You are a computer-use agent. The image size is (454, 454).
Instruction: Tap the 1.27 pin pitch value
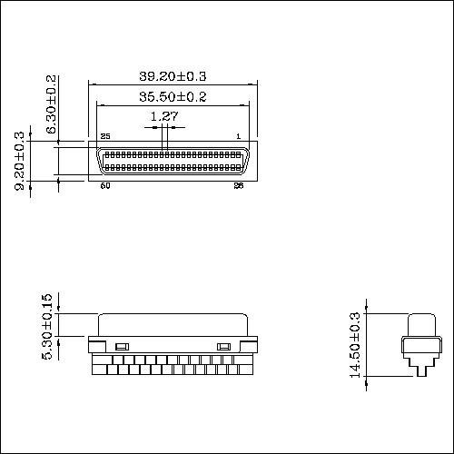[x=163, y=116]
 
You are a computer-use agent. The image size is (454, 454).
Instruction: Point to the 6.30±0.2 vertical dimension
[x=52, y=104]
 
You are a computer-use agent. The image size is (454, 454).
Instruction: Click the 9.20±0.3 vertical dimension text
[x=20, y=162]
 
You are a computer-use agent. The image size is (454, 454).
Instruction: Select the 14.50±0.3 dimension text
[x=356, y=345]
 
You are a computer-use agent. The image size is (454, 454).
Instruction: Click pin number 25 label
[x=105, y=136]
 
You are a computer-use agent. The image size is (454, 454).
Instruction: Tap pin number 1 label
[x=238, y=136]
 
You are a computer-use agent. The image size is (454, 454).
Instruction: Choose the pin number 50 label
[x=105, y=186]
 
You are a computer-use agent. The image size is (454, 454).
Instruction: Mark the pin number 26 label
[x=238, y=186]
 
